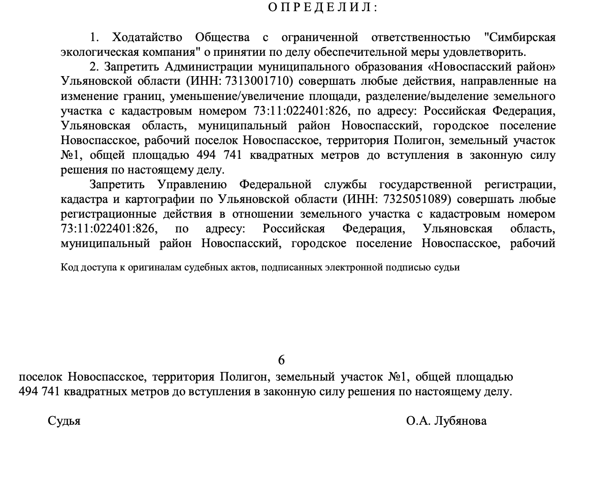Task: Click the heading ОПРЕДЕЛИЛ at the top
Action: point(322,7)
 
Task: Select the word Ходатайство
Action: point(146,37)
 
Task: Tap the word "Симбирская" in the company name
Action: point(520,37)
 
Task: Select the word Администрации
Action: point(210,66)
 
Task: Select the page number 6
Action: point(281,360)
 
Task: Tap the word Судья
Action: point(64,421)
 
